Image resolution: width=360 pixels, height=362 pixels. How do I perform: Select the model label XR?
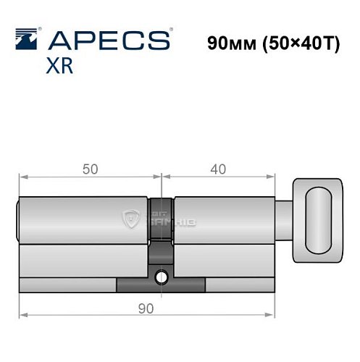coord(59,67)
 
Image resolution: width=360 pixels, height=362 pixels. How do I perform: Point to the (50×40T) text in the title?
coord(298,42)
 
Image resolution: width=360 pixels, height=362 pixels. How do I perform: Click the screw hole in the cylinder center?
coord(162,276)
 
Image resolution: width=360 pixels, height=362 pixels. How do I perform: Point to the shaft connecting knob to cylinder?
coord(284,217)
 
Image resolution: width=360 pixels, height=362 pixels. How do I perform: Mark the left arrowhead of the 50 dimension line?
coord(22,177)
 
